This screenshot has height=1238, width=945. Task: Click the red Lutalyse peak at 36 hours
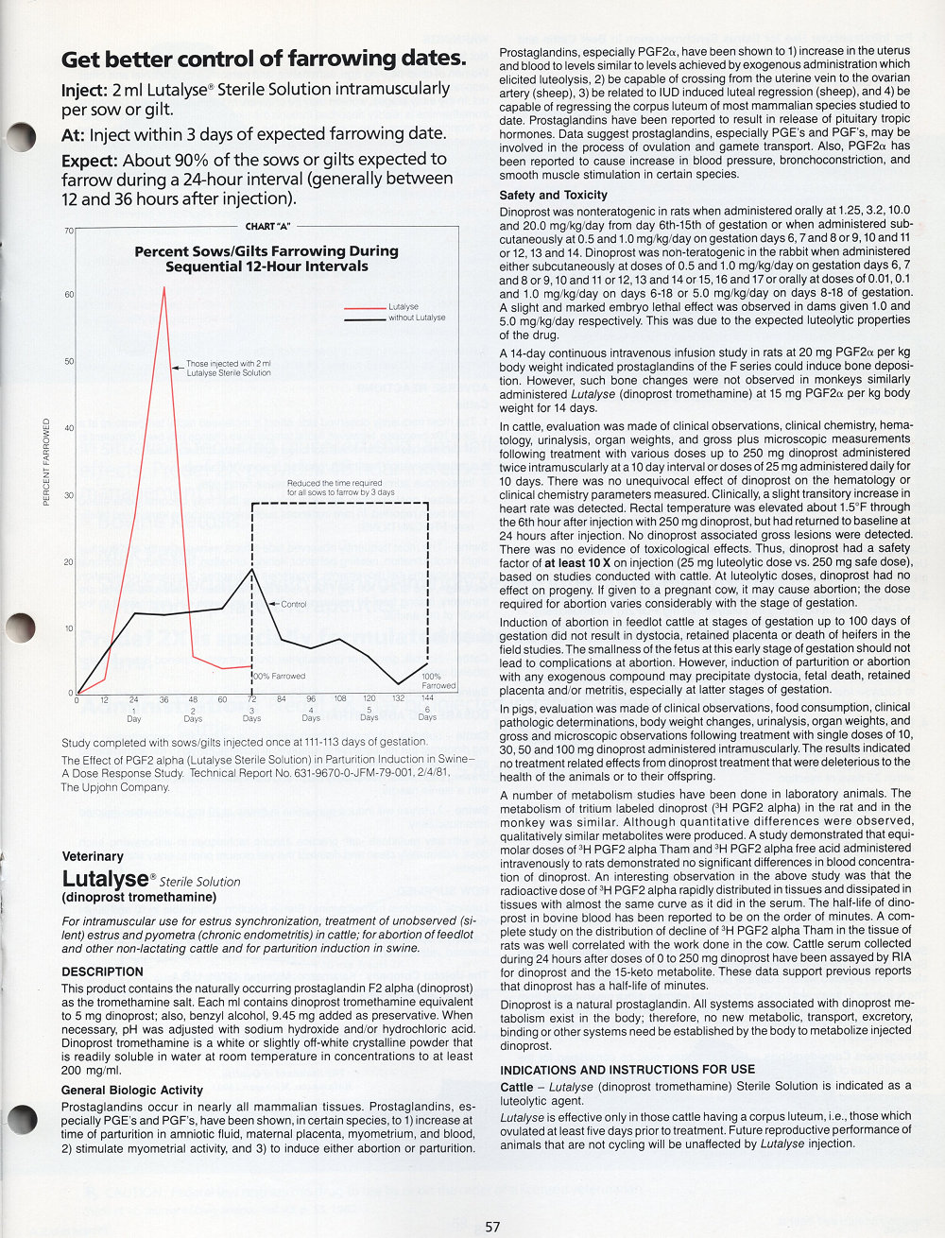pyautogui.click(x=164, y=287)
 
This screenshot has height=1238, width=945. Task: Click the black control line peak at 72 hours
pyautogui.click(x=251, y=569)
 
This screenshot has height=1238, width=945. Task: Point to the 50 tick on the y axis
pyautogui.click(x=69, y=362)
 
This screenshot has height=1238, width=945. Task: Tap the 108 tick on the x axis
pyautogui.click(x=340, y=699)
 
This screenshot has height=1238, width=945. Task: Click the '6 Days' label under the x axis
pyautogui.click(x=427, y=714)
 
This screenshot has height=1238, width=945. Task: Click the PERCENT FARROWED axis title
pyautogui.click(x=46, y=463)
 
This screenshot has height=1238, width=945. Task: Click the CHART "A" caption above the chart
pyautogui.click(x=267, y=227)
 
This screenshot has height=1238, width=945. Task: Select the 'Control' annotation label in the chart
pyautogui.click(x=294, y=604)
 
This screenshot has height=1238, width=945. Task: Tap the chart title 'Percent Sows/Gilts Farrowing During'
pyautogui.click(x=266, y=251)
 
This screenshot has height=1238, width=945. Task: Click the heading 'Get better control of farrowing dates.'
pyautogui.click(x=264, y=59)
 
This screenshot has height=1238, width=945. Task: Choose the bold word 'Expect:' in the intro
pyautogui.click(x=90, y=160)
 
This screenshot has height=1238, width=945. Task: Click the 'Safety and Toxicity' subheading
pyautogui.click(x=553, y=196)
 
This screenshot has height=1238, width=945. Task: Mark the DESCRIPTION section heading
pyautogui.click(x=102, y=971)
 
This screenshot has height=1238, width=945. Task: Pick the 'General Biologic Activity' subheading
pyautogui.click(x=131, y=1090)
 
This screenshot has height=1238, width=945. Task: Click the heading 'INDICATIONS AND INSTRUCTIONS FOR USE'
pyautogui.click(x=627, y=1070)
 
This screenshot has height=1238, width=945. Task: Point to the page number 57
pyautogui.click(x=492, y=1227)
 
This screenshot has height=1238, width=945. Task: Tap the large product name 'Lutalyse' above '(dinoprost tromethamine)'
pyautogui.click(x=105, y=880)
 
